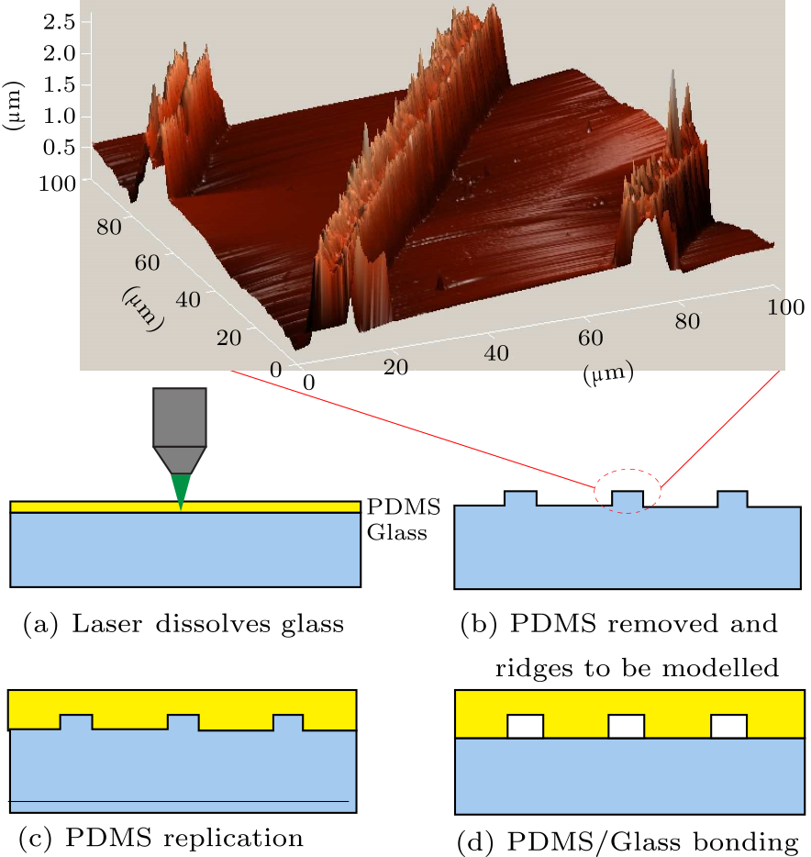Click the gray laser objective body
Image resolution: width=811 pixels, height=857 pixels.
tap(180, 417)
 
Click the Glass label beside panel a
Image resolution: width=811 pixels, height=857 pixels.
tap(396, 531)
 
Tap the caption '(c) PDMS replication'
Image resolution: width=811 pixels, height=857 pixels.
tap(161, 837)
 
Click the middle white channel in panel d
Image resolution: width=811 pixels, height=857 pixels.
tap(628, 727)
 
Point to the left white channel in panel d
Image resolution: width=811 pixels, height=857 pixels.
tap(526, 727)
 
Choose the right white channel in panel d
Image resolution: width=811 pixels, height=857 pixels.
tap(729, 727)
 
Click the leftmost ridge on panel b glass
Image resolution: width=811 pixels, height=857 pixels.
tap(520, 499)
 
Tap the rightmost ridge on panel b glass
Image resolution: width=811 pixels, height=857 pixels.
tap(733, 499)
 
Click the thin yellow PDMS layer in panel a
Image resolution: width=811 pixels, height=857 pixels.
tap(92, 506)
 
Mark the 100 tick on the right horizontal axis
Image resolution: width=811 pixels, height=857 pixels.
tap(787, 306)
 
